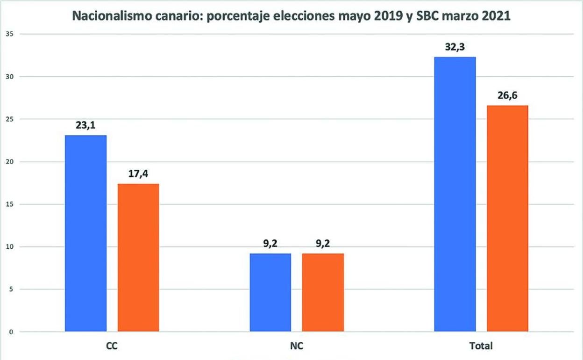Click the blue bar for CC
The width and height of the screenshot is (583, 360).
click(85, 234)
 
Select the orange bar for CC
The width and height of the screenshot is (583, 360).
click(138, 258)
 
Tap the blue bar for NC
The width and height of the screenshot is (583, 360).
click(270, 293)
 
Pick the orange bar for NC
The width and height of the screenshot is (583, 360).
click(323, 293)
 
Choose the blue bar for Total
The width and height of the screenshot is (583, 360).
click(455, 194)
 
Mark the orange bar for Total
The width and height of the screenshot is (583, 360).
click(507, 219)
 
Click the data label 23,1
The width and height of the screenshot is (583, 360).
click(86, 126)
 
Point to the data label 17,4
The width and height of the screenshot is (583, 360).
click(138, 174)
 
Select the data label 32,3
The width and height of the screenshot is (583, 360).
click(455, 47)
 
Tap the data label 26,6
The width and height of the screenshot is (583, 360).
click(507, 96)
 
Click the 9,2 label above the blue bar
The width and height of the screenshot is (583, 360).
click(270, 244)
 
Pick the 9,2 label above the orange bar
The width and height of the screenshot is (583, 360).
click(323, 244)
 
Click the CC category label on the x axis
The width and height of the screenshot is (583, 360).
click(112, 346)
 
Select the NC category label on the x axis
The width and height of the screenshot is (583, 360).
click(297, 346)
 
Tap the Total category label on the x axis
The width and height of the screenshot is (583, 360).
click(481, 346)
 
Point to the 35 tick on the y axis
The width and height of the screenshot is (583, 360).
click(9, 34)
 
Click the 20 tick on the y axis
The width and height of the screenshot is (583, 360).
click(9, 161)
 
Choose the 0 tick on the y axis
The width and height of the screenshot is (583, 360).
click(11, 332)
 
